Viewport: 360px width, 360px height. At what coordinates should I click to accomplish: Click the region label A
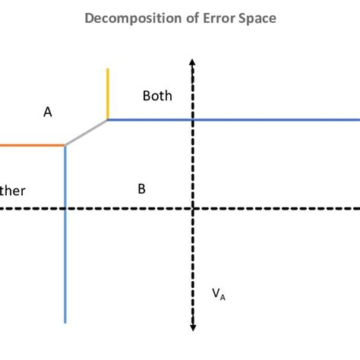point(48,112)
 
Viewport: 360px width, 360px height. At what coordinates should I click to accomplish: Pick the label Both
point(157,96)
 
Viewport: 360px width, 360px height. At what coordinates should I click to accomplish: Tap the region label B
point(141,189)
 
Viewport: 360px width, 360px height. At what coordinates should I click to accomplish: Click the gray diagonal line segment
point(87,132)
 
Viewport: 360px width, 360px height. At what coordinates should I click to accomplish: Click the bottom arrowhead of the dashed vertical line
point(194,327)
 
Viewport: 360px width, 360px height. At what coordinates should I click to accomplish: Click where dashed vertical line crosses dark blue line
point(194,119)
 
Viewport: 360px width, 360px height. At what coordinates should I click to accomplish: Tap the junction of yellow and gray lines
point(108,119)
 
